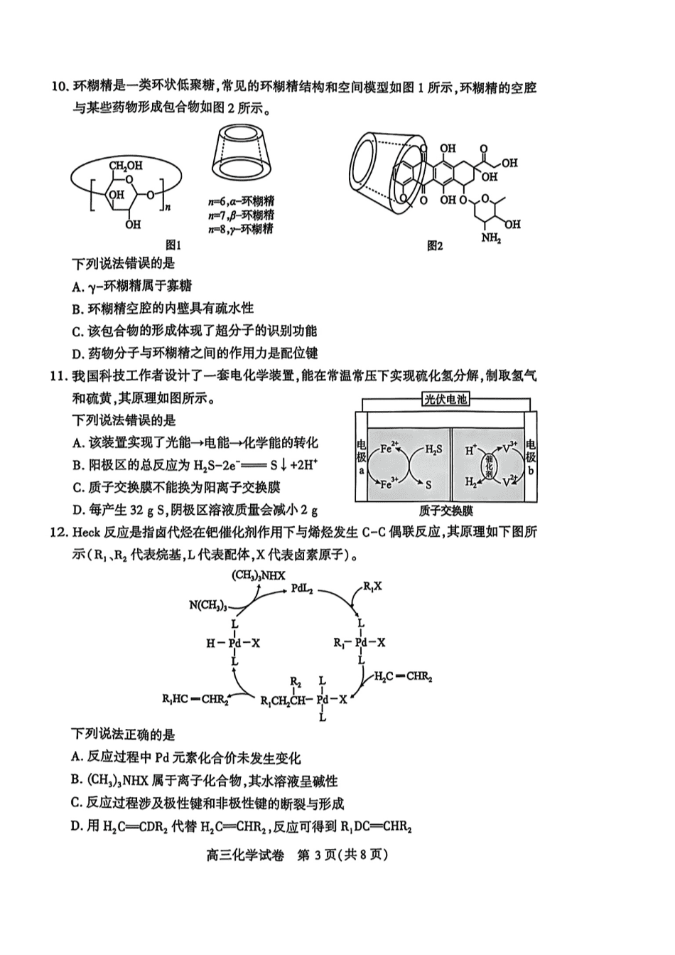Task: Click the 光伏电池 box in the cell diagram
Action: click(x=445, y=400)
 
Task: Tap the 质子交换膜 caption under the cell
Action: click(x=445, y=511)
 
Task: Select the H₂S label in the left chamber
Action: click(x=434, y=449)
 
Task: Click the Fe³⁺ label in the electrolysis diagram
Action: click(x=389, y=484)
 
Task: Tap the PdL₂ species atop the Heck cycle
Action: click(x=303, y=589)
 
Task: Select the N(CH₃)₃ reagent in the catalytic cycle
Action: click(x=208, y=605)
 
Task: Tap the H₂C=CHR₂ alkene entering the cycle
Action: click(x=403, y=676)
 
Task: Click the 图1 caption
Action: click(x=173, y=245)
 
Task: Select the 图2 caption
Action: click(x=435, y=245)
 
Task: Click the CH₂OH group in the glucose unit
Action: click(x=126, y=165)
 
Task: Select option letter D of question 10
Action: click(x=77, y=353)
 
